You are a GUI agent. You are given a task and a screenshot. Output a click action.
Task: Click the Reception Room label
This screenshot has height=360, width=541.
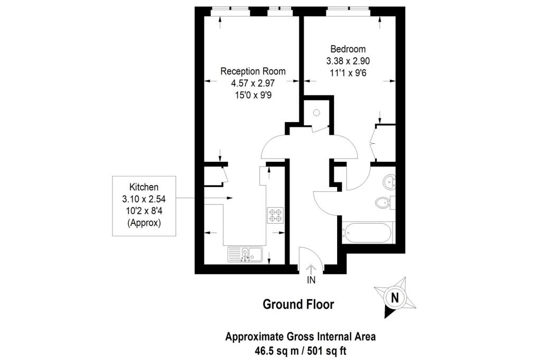pyautogui.click(x=253, y=71)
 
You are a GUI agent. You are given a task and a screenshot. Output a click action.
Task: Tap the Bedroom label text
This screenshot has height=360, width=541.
pyautogui.click(x=348, y=49)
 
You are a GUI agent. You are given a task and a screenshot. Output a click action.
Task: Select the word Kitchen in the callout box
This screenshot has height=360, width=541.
pyautogui.click(x=144, y=187)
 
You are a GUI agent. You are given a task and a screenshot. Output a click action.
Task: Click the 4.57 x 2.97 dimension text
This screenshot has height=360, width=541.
pyautogui.click(x=253, y=83)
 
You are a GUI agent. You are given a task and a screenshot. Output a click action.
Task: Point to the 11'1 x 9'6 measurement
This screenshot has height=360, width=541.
pyautogui.click(x=348, y=73)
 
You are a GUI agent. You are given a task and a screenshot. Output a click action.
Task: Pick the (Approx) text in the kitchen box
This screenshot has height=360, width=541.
pyautogui.click(x=144, y=223)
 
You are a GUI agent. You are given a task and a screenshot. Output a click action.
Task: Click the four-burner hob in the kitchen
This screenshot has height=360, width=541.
pyautogui.click(x=275, y=215)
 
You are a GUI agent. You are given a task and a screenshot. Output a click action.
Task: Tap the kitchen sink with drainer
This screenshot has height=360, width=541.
pyautogui.click(x=245, y=255)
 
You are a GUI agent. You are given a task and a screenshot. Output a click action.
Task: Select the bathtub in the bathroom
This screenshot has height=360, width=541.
pyautogui.click(x=367, y=233)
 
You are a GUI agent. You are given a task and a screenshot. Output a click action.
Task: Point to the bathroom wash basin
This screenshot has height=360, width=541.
pyautogui.click(x=389, y=181)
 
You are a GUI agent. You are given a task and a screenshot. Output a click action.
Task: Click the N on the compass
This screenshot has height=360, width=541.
pyautogui.click(x=395, y=297)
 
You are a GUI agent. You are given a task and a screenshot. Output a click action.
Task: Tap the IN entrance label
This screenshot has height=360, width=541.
pyautogui.click(x=311, y=280)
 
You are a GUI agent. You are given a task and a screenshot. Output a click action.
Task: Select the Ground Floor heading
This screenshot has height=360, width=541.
pyautogui.click(x=299, y=304)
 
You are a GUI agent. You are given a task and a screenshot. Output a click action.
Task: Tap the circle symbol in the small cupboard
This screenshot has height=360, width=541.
pyautogui.click(x=316, y=113)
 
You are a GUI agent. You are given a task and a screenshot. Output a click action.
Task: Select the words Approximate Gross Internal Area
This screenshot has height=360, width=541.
pyautogui.click(x=301, y=337)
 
